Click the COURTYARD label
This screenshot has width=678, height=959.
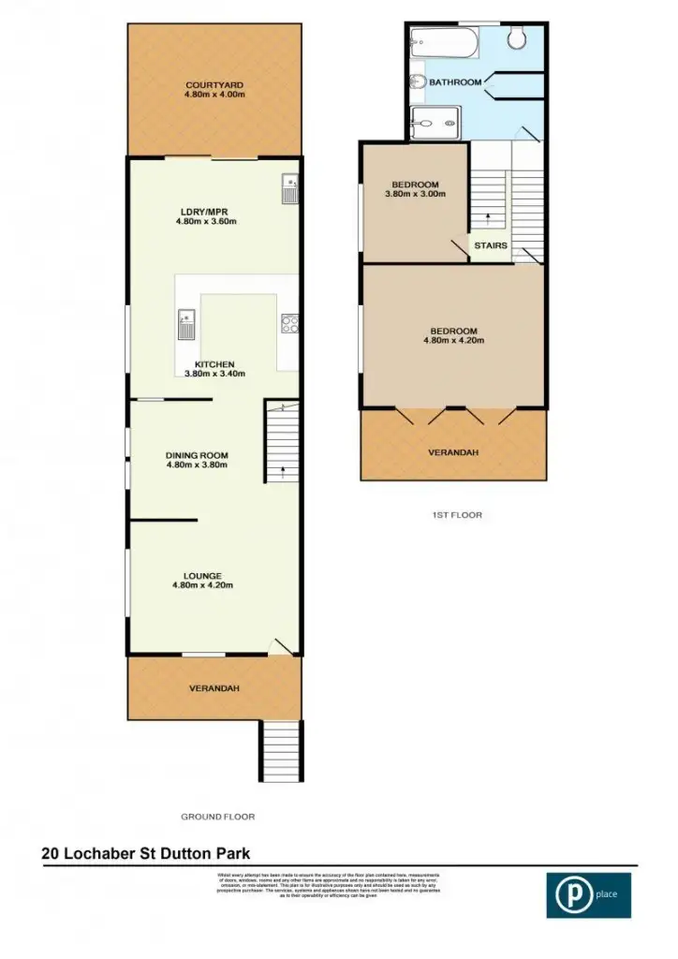tap(214, 89)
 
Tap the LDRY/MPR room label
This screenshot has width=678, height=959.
tap(206, 216)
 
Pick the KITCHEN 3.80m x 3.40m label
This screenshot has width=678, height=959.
tap(214, 368)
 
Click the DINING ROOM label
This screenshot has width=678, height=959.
tap(197, 460)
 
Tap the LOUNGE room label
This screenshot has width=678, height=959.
tap(202, 580)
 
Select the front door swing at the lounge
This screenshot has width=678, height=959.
tap(280, 646)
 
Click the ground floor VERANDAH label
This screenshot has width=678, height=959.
tap(214, 688)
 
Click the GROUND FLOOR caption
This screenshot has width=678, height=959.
tap(218, 817)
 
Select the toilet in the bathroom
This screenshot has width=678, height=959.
tap(517, 37)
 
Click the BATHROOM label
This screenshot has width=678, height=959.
tap(455, 82)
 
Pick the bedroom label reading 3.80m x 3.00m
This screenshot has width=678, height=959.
tap(414, 189)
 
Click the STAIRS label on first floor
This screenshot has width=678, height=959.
tap(490, 246)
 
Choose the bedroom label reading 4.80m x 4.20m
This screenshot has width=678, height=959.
tap(453, 335)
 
